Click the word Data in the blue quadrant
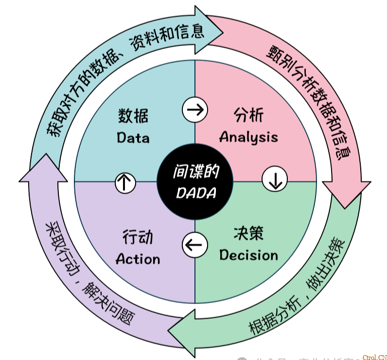click(x=133, y=138)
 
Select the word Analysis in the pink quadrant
click(x=248, y=137)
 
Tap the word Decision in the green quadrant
click(x=248, y=255)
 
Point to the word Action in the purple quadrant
click(x=138, y=259)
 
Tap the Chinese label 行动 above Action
click(x=138, y=237)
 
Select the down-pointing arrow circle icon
click(x=275, y=180)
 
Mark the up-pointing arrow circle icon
click(x=125, y=182)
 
